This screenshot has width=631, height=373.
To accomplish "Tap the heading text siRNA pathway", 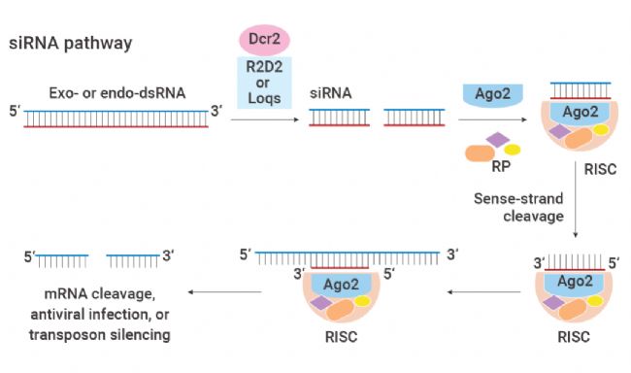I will [x=70, y=44].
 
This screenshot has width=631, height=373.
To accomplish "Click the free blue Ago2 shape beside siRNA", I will [x=496, y=95].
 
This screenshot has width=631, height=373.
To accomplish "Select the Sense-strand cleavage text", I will [x=520, y=207].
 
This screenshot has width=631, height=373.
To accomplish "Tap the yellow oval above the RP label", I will [x=513, y=150].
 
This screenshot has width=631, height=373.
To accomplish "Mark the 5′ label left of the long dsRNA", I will [x=14, y=111].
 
